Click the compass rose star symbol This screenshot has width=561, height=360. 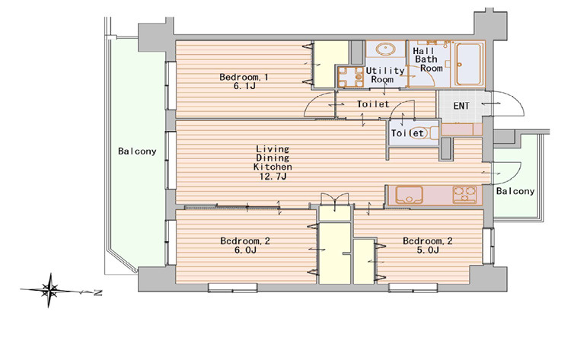(49, 290)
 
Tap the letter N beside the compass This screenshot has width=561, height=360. (97, 293)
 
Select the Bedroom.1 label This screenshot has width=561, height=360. (244, 77)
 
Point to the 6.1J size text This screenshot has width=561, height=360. (244, 86)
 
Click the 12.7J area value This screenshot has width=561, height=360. (273, 176)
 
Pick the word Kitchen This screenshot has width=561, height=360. (273, 167)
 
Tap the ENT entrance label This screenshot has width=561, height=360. (461, 106)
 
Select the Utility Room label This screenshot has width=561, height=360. (384, 75)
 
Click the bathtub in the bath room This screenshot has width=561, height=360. (469, 65)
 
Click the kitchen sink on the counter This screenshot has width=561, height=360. (409, 195)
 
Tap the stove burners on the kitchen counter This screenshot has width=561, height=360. (464, 195)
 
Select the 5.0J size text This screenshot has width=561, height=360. (428, 250)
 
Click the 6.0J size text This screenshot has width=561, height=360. (245, 250)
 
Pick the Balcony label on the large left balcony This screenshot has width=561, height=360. (137, 151)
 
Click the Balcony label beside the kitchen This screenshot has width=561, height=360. (515, 191)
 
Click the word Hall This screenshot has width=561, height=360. (423, 51)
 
